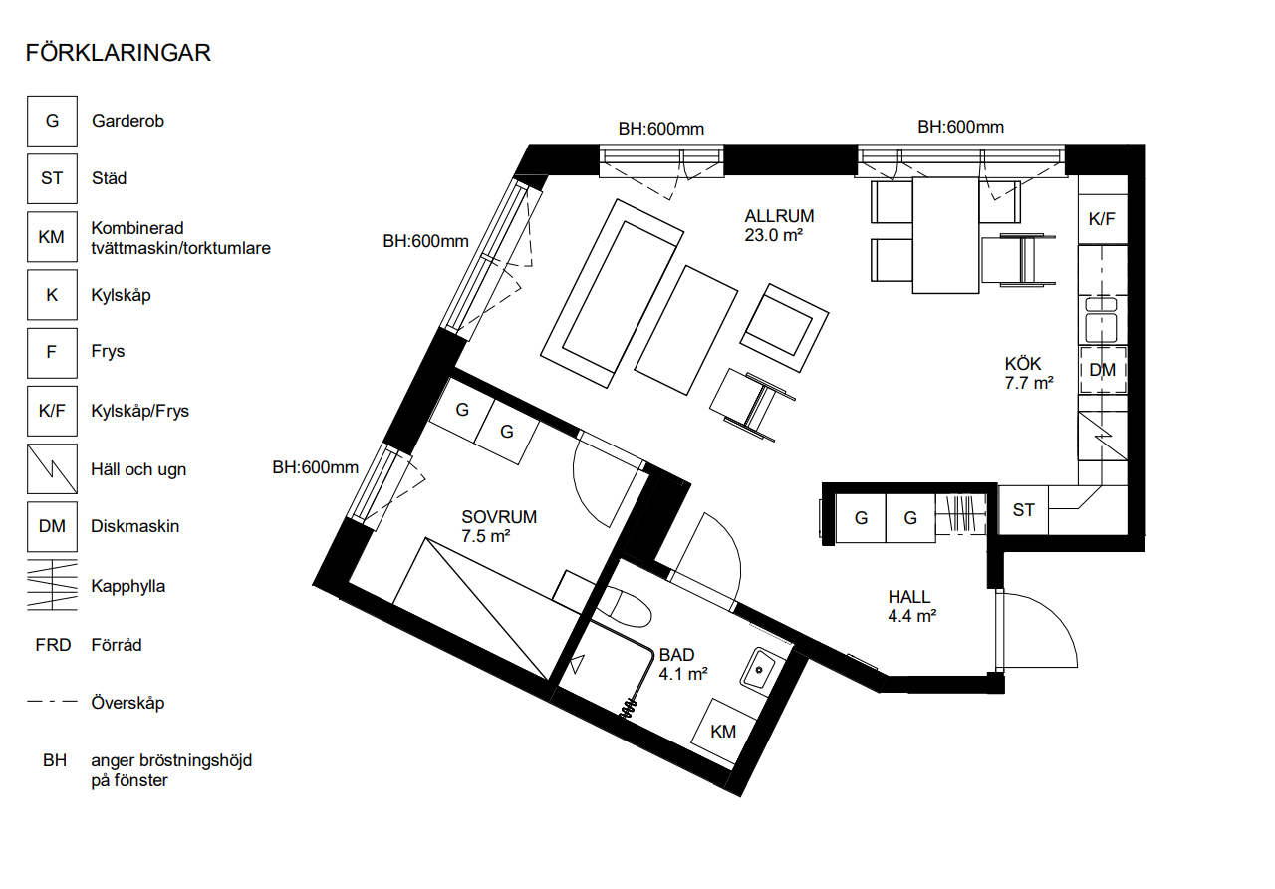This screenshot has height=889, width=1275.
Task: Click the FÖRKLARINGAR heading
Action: pos(119,53)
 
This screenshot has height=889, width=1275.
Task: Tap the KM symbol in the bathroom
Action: pos(723,732)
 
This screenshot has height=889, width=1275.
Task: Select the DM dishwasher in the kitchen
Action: pos(1102,370)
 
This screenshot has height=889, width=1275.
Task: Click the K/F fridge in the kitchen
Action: pos(1102,219)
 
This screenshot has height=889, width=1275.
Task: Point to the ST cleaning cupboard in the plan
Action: pos(1023,509)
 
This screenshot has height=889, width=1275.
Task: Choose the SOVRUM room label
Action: pos(499,517)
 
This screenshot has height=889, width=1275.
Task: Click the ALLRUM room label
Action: pos(779,216)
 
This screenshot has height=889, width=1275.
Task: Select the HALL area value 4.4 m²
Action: pos(911,616)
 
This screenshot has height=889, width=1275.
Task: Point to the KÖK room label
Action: pos(1023,364)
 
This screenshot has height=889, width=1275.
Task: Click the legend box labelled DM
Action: pos(52,527)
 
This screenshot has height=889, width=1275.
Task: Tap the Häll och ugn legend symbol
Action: pos(52,468)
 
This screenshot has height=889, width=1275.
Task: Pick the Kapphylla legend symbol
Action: pos(52,585)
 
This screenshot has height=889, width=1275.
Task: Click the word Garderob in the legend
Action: pos(127,121)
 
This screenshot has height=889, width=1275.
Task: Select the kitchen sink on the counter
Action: pos(1102,320)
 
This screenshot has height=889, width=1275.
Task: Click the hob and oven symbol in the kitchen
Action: pos(1103,436)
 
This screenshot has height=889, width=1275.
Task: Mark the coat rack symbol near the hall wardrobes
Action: pos(961,514)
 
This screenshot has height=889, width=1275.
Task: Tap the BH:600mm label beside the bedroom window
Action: pos(316,467)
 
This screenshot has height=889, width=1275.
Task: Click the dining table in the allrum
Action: pos(945,235)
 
